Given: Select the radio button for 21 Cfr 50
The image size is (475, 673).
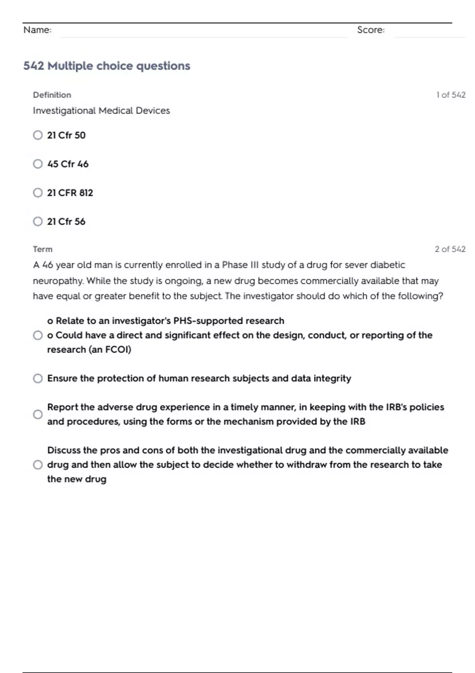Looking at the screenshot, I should pos(38,135).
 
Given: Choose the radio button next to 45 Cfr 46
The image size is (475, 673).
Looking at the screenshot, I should pos(38,164).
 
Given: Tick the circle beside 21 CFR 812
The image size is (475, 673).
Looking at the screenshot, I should pos(38,193).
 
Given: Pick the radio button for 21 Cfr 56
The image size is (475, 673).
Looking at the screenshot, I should pos(38,221).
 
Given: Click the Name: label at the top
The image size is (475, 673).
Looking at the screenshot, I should pos(37,30).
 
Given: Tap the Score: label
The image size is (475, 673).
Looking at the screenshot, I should pos(370,30).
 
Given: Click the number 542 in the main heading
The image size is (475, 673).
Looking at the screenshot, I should pos(33,66).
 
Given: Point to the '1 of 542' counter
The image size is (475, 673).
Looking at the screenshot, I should pos(450,95).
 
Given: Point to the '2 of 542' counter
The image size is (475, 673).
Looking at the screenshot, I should pos(450,249).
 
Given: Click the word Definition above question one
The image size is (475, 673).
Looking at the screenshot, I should pos(52,95).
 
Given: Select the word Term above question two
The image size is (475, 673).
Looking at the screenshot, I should pos(42,249).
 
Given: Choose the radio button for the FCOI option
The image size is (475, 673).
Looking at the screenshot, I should pos(38,335).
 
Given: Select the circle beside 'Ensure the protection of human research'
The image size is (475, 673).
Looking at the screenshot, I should pos(38,378).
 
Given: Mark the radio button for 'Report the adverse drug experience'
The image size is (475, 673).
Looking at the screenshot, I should pos(38,414).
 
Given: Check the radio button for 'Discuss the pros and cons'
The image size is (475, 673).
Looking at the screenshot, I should pos(38,465).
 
